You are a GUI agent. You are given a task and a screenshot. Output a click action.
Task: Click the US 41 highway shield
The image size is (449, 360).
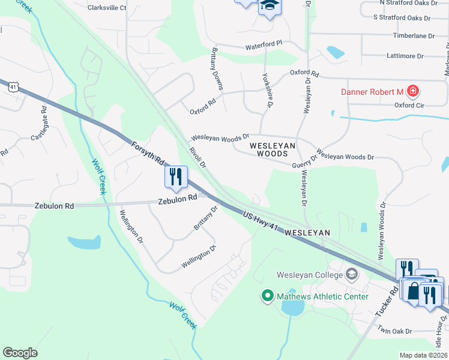tap(13, 87)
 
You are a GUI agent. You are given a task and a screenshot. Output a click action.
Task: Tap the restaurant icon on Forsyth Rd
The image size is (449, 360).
tap(176, 176)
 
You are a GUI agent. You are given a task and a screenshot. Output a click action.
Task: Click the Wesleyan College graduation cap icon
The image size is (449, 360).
tap(352, 275)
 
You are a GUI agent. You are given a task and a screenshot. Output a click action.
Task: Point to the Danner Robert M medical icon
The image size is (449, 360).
tap(412, 92)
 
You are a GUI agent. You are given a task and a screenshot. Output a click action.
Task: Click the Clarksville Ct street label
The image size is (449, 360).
tap(107, 8)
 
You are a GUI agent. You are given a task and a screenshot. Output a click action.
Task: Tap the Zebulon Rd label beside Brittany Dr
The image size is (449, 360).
tap(178, 199)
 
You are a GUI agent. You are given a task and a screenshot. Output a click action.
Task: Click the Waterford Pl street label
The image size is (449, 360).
tap(264, 45)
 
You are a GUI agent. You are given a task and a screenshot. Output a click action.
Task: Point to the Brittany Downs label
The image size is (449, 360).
tap(216, 69)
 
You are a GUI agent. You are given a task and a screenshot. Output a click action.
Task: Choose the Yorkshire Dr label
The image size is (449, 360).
tap(267, 90)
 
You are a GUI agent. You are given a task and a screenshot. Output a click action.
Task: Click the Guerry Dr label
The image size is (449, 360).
tap(304, 162)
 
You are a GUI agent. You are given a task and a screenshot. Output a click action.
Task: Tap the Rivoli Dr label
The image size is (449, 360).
tap(197, 157)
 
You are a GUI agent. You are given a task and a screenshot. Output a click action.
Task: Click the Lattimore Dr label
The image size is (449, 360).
tap(406, 56)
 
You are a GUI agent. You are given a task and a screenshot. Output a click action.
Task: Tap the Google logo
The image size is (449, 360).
tap(20, 352)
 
